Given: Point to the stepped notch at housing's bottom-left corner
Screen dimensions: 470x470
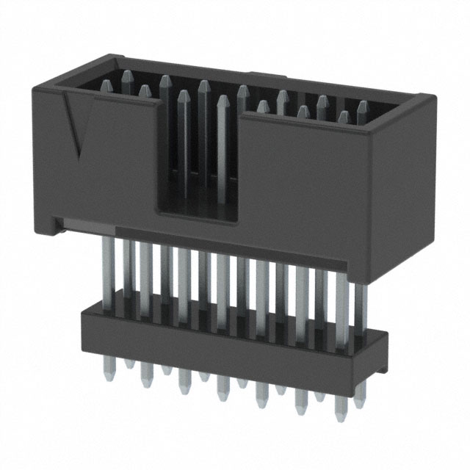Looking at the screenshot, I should pyautogui.click(x=54, y=220).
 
